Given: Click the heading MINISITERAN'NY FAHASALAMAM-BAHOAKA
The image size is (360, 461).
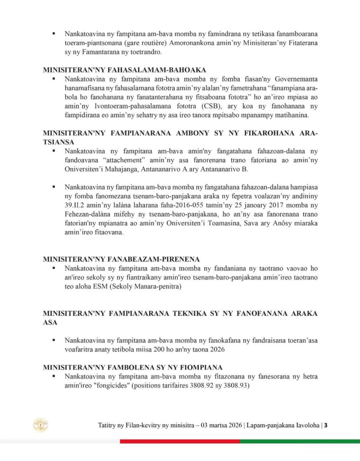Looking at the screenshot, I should coord(124,70).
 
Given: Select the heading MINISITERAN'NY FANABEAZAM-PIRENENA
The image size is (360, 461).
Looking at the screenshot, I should coord(121,259).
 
